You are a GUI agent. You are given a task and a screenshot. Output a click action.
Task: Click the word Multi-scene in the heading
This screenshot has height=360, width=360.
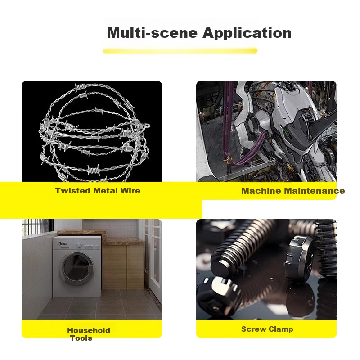click(x=152, y=33)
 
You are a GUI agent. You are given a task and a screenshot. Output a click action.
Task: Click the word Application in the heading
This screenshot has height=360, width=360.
click(x=247, y=33)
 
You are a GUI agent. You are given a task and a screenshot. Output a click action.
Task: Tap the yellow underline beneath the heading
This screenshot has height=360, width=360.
click(x=180, y=51)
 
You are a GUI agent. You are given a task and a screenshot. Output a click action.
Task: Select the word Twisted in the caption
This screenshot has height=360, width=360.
click(x=72, y=190)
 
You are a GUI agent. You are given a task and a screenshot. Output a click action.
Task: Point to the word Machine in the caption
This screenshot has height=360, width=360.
click(x=261, y=191)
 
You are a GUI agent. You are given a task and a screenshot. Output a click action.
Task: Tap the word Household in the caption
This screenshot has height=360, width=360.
click(x=89, y=330)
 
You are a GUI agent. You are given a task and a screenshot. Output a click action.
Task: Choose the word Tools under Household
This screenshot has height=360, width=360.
click(x=81, y=338)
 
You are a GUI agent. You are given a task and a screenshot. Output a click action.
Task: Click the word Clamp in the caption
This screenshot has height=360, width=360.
click(x=281, y=329)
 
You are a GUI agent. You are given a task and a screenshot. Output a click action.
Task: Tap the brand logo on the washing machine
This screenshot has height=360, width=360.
click(x=63, y=244)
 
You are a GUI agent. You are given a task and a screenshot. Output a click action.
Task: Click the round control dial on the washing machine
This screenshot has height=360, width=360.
click(x=79, y=244)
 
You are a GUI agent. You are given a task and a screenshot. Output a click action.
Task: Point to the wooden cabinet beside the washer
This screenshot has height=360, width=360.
click(x=123, y=267)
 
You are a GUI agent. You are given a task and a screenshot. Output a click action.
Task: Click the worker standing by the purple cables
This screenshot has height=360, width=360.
click(x=229, y=164)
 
